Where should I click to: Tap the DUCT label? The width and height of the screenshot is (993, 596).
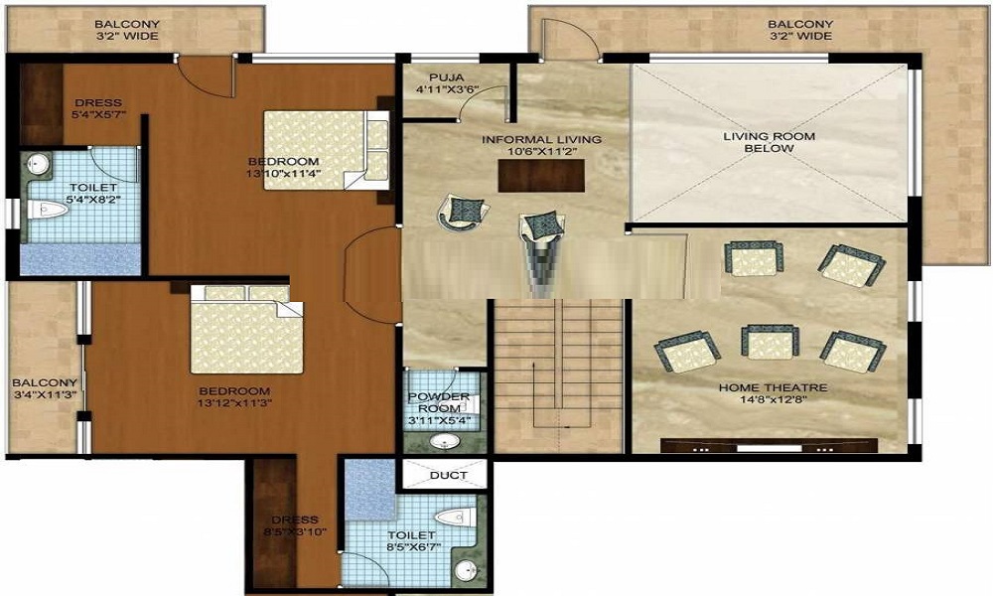(449, 475)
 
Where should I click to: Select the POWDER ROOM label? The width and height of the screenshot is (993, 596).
(439, 402)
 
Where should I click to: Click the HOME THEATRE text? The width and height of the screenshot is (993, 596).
(773, 387)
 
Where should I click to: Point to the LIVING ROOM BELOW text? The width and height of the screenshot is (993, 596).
(772, 142)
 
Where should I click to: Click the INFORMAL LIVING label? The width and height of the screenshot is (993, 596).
(541, 139)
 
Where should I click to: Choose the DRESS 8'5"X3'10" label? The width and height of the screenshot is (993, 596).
(295, 525)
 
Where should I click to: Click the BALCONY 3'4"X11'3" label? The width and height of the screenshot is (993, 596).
(45, 388)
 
